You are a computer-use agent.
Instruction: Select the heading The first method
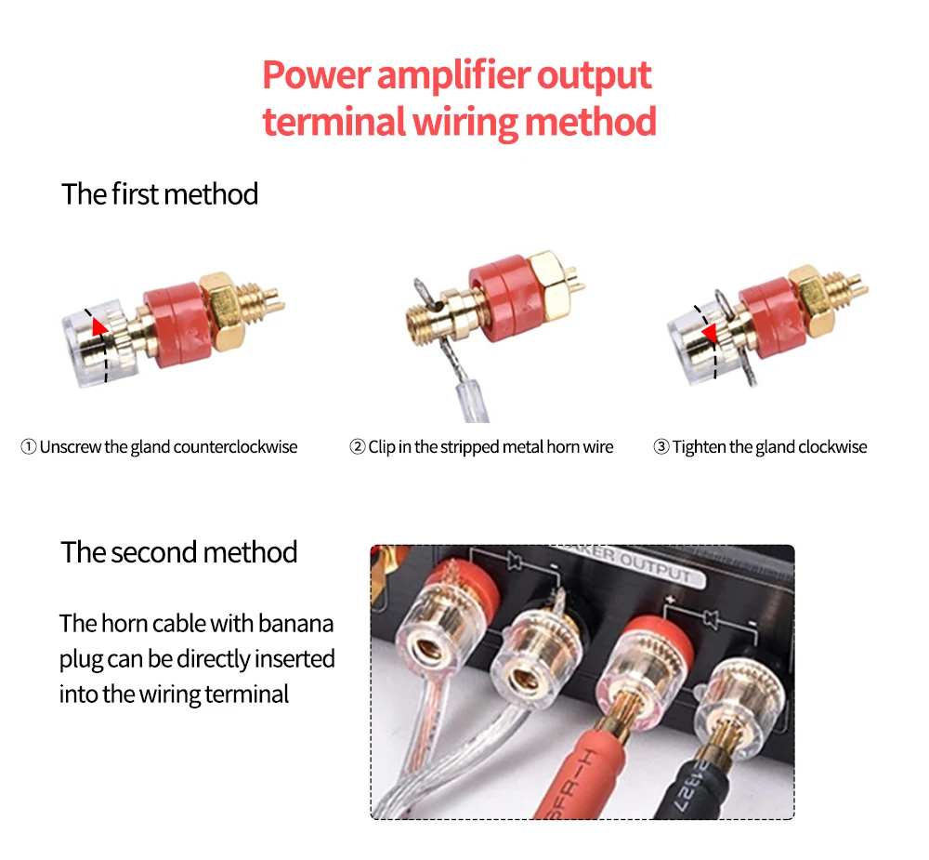coord(160,194)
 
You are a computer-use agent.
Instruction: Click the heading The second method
coord(179,552)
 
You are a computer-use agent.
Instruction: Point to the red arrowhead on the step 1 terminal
coord(98,325)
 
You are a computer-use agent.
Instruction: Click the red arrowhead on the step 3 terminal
coord(708,333)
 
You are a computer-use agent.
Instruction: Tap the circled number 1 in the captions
coord(28,447)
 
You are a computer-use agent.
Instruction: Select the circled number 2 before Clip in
coord(357,447)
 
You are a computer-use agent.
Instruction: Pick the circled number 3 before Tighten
coord(661,447)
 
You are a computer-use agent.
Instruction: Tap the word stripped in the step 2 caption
coord(462,447)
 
